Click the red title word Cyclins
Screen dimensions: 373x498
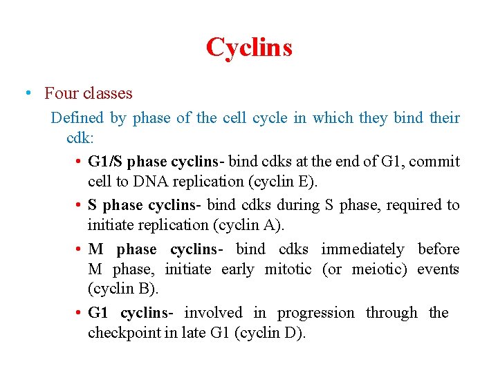[x=249, y=48]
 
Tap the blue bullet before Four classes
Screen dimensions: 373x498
[x=27, y=93]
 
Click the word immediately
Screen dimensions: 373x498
[x=362, y=249]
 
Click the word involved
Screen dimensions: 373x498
[x=214, y=313]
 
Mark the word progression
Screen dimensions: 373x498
[x=315, y=313]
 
